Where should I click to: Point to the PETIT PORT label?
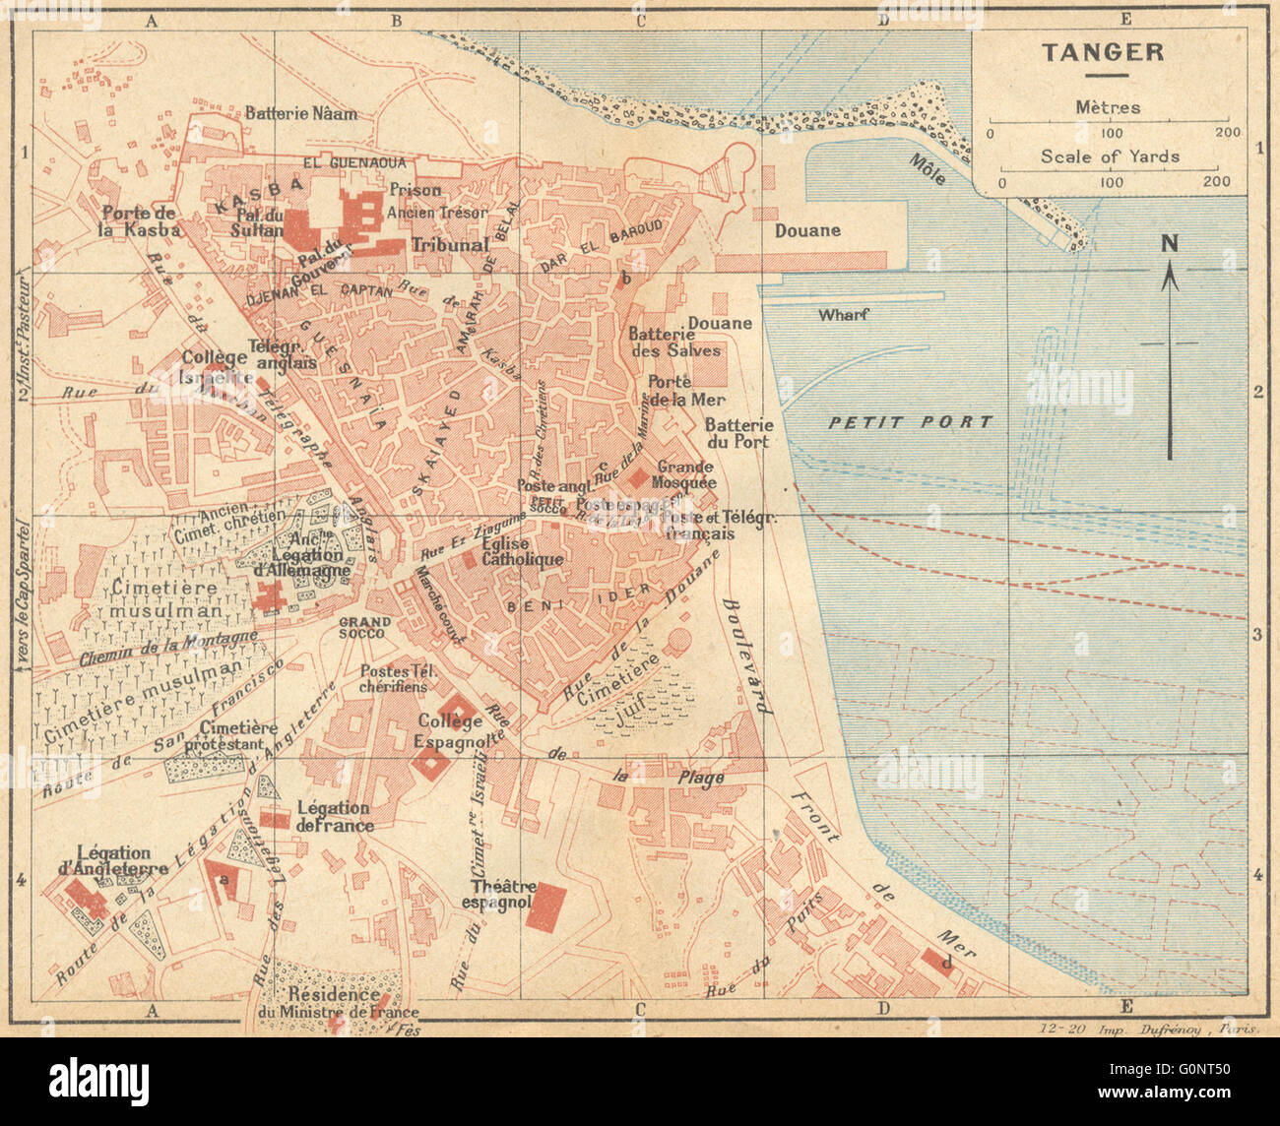click(910, 422)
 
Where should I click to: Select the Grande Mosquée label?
click(686, 475)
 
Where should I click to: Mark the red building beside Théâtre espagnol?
click(545, 907)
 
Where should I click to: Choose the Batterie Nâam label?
click(300, 113)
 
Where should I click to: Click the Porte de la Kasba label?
click(140, 221)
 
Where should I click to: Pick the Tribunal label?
click(450, 244)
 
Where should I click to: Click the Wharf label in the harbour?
click(842, 315)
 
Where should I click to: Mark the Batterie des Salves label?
click(673, 342)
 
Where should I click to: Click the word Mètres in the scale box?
click(1108, 107)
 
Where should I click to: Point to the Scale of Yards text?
click(1110, 156)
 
